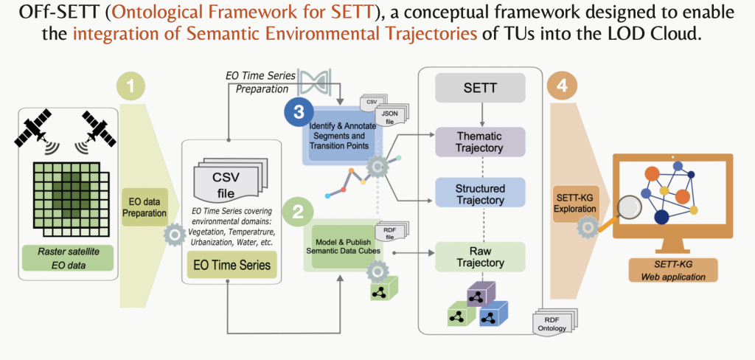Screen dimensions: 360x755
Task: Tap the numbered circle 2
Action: pos(297,212)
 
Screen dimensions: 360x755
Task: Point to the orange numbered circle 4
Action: pos(562,86)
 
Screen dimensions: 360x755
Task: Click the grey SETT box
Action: pos(480,89)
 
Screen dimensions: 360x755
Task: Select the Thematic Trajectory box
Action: pos(480,141)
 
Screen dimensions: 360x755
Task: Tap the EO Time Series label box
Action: pos(232,264)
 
